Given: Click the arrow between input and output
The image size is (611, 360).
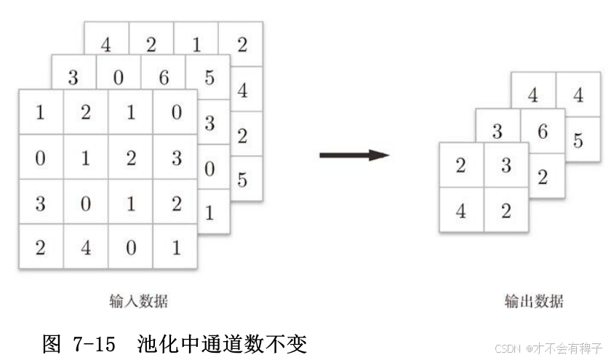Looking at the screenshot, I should pos(354,155).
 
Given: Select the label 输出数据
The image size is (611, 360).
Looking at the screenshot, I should pos(533,301).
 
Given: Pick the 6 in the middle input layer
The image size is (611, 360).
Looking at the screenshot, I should pos(163,78).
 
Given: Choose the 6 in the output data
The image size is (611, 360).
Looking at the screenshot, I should pos(542,132).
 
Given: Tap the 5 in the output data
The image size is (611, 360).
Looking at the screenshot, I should pos(578,140).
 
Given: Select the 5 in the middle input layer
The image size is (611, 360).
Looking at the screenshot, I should pos(209,78).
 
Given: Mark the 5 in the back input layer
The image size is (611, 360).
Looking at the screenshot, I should pos(241,179).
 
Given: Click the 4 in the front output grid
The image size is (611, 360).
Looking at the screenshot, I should pos(460,212).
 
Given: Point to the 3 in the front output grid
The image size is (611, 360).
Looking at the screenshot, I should pos(506,166).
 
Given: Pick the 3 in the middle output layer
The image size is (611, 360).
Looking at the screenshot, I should pos(497,132).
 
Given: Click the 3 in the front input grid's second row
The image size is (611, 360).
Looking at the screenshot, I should pos(176,158).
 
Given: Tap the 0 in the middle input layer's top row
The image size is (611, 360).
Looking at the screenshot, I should pos(118,78).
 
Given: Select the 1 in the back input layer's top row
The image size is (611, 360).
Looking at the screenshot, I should pos(196,44).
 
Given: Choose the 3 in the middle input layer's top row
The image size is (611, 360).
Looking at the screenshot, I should pos(73,78).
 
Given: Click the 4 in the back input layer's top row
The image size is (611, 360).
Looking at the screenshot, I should pos(106,44).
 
